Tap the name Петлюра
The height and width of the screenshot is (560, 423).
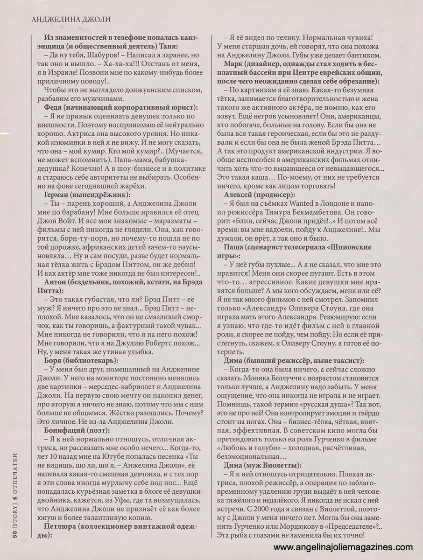pos(59,526)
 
